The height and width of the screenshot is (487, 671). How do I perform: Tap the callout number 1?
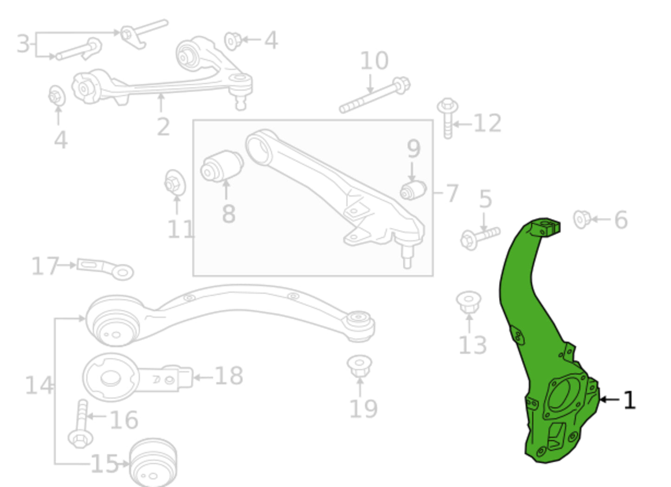629,400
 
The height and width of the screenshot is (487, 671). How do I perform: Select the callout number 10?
374,60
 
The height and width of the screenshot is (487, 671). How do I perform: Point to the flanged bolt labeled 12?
448,118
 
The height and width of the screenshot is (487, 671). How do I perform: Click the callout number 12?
488,123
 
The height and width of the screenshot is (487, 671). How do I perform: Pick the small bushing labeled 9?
413,190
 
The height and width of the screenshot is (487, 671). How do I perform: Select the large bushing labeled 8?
222,167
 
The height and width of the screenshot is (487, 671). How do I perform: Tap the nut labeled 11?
175,183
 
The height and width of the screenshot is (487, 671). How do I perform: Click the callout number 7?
452,193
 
